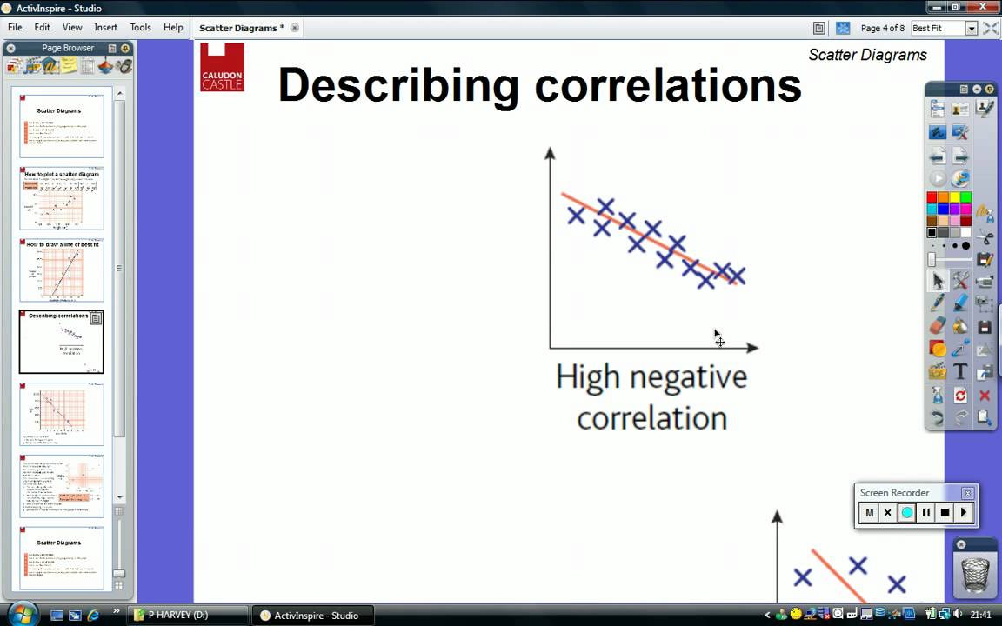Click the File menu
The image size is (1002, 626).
tap(15, 27)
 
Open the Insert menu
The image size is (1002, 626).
tap(105, 27)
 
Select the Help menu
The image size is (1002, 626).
tap(173, 27)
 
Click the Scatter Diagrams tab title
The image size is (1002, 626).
tap(241, 28)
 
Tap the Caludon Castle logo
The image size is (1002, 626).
tap(222, 67)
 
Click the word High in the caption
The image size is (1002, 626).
tap(587, 377)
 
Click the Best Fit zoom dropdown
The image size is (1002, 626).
tap(945, 28)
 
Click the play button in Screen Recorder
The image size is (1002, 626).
tap(963, 513)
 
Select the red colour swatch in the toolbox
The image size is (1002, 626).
tap(932, 198)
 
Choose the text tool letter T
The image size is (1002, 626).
tap(960, 372)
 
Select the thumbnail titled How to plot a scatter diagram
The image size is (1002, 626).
tap(62, 198)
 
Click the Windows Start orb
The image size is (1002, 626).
tap(21, 614)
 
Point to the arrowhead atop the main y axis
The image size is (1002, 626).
tap(550, 153)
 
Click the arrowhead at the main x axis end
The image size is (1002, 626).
tap(752, 347)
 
